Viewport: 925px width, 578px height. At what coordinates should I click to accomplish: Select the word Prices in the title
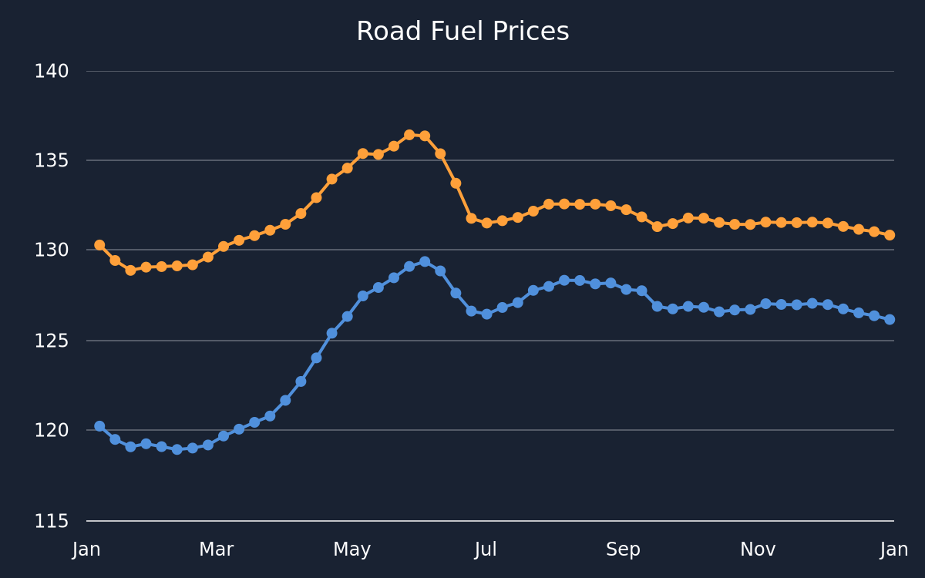click(530, 32)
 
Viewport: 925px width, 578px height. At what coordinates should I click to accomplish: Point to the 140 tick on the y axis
click(51, 72)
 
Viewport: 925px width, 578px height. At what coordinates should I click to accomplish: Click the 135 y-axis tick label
click(51, 160)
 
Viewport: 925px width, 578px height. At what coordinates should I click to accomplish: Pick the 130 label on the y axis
click(51, 250)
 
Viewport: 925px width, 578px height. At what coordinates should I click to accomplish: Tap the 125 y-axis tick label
click(51, 341)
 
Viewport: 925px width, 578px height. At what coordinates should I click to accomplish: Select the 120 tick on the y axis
click(51, 431)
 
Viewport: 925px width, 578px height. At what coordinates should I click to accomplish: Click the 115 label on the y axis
click(51, 522)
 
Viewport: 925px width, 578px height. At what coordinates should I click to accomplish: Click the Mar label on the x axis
click(217, 549)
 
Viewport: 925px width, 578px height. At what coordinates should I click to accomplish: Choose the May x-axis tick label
click(351, 549)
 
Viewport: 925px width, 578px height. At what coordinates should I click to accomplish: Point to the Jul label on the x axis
click(486, 549)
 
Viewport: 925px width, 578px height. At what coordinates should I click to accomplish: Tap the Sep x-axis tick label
click(623, 549)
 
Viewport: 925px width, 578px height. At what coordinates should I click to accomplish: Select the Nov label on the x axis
click(758, 549)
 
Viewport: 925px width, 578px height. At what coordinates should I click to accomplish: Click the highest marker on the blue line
click(425, 262)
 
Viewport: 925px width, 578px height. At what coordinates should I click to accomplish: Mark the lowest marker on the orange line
click(130, 271)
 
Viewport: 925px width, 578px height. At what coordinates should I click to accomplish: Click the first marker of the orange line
click(99, 245)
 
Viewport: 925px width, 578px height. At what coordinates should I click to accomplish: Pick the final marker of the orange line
click(890, 235)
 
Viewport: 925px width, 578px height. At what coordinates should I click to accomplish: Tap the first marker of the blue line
click(99, 426)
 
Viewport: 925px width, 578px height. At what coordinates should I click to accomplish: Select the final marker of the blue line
click(890, 320)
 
